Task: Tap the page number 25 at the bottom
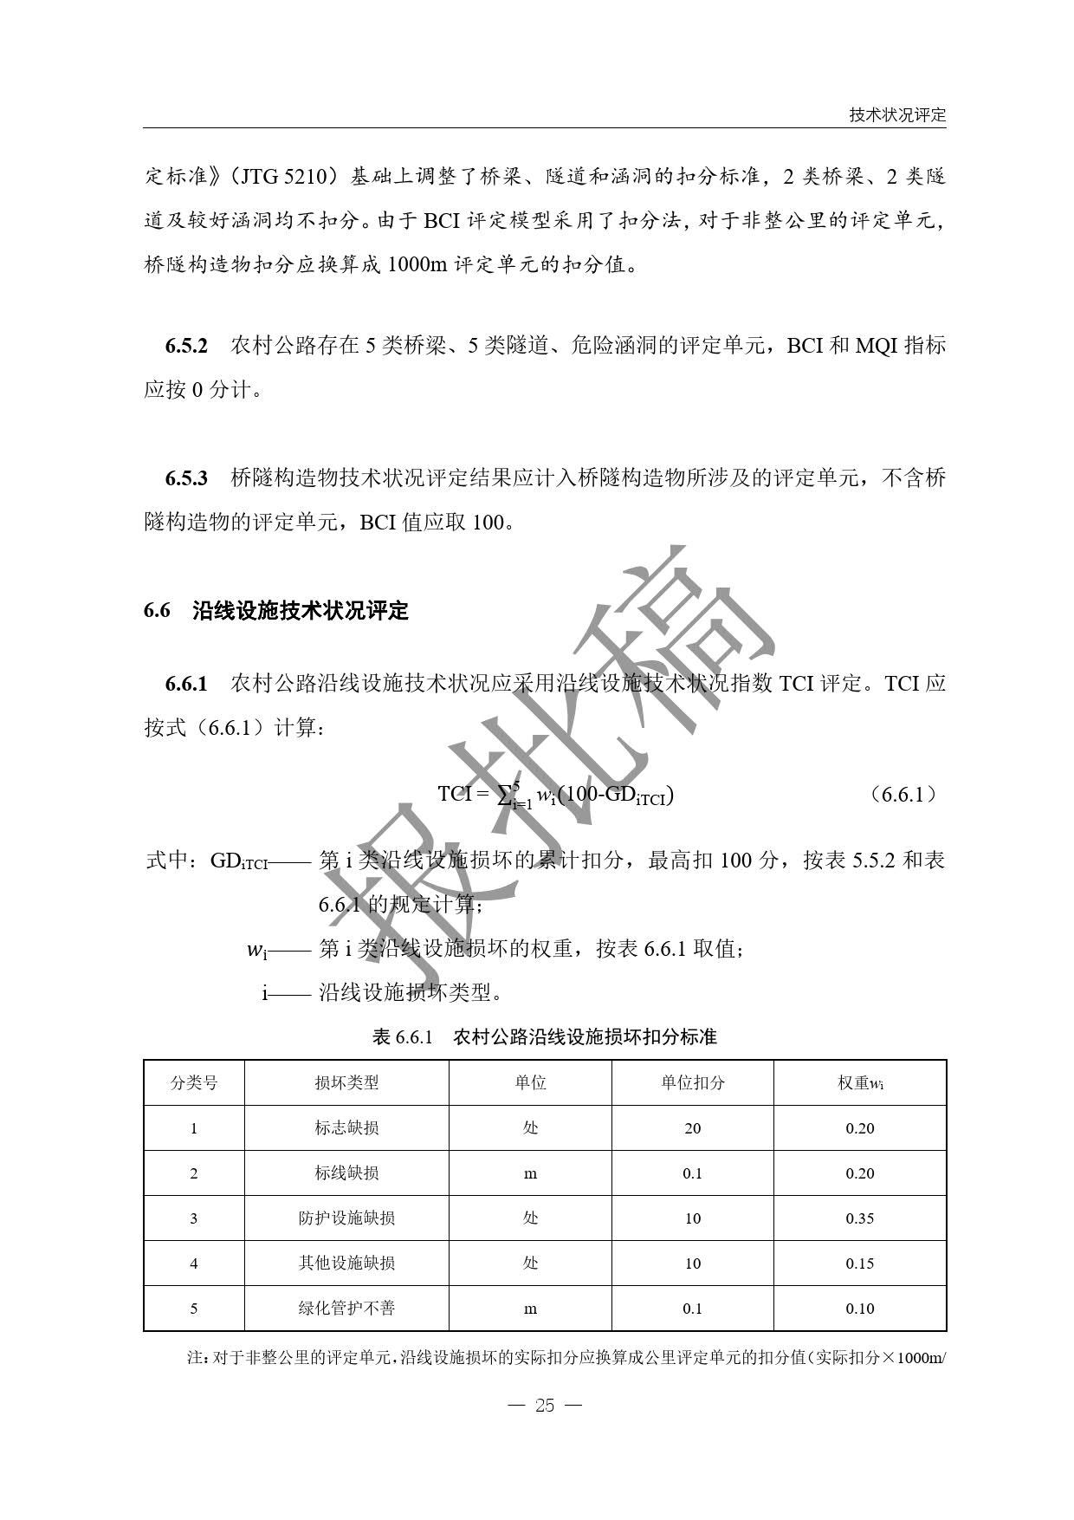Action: (544, 1406)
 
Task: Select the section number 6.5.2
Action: (186, 346)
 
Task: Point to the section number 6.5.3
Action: (186, 477)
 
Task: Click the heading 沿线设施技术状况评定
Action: (300, 611)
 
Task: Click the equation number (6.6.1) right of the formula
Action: (903, 794)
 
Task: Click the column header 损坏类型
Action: (346, 1082)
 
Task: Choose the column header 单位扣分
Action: (692, 1082)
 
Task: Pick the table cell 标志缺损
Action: (346, 1127)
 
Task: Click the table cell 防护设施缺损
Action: (346, 1218)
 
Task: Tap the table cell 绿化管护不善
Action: (346, 1308)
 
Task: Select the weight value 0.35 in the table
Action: (859, 1218)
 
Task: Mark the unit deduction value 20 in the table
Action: (692, 1128)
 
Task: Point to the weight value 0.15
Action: (859, 1263)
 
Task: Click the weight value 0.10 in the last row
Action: (859, 1308)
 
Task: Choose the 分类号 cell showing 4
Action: (193, 1263)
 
